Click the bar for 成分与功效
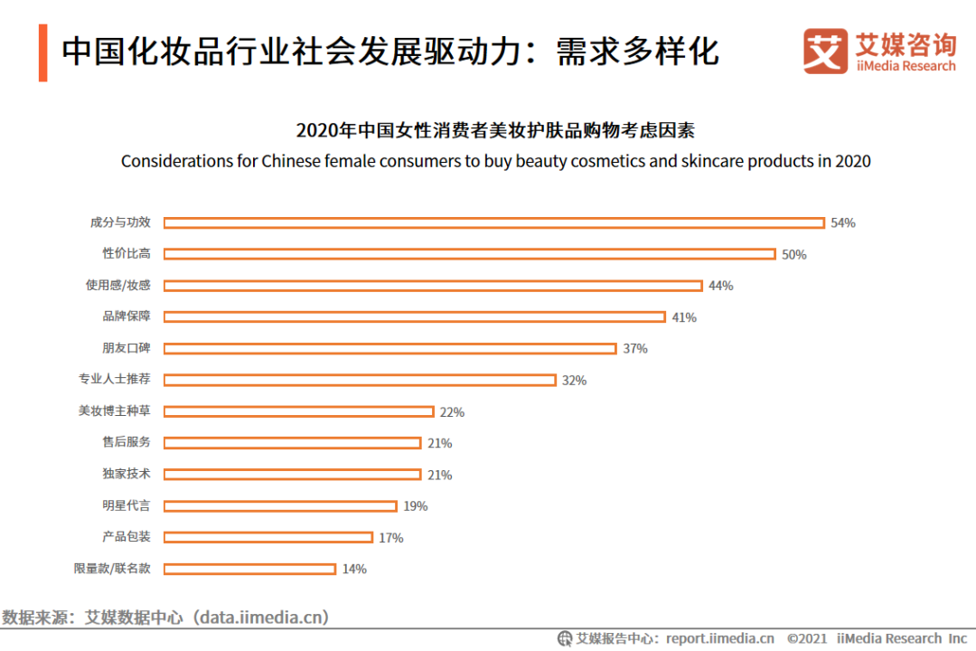point(493,222)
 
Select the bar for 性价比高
point(469,254)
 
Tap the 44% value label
point(721,286)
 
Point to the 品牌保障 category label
point(127,316)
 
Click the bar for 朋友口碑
point(389,348)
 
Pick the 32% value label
point(574,381)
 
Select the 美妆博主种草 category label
point(115,410)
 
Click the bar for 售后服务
point(292,443)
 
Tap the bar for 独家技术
point(292,475)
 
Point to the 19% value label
point(416,506)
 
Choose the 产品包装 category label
point(127,537)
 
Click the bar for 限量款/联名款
point(249,569)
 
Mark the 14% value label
point(354,570)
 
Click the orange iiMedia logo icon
point(825,51)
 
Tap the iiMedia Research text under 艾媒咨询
point(906,66)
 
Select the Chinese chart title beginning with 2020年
point(495,131)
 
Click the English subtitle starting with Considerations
point(495,162)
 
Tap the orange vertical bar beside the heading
point(42,52)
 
